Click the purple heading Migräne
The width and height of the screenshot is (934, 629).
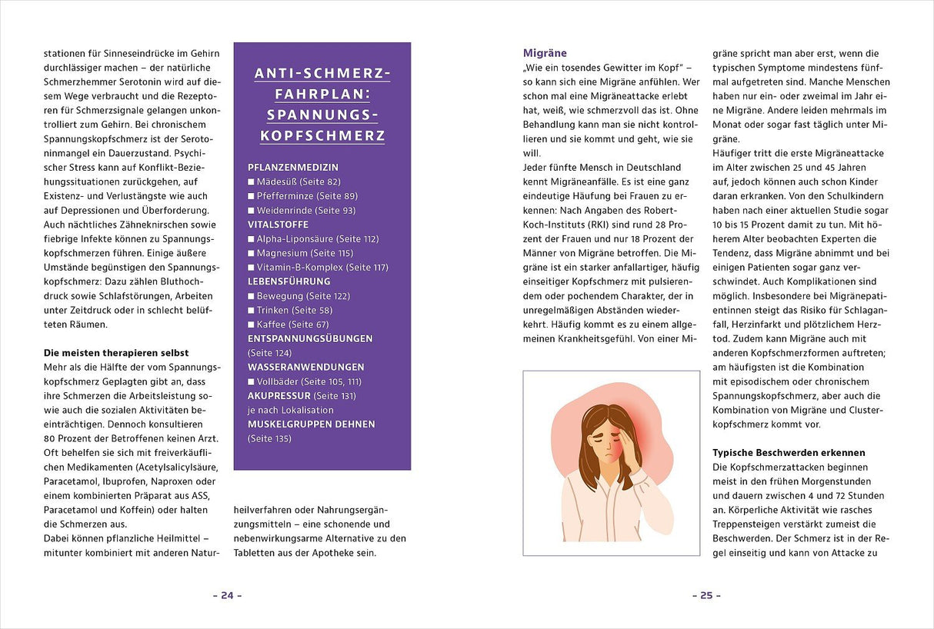(x=545, y=53)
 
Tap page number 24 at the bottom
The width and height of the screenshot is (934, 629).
(x=227, y=595)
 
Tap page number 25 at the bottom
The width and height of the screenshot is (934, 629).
(x=706, y=595)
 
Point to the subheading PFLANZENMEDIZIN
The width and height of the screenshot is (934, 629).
(x=293, y=167)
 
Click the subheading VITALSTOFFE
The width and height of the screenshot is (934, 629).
(x=278, y=225)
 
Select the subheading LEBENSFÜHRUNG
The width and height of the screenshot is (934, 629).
(x=289, y=281)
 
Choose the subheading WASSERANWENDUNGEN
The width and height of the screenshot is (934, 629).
(x=305, y=367)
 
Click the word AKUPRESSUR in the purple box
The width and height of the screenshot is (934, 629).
(x=280, y=395)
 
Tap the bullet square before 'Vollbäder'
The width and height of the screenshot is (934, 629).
(x=251, y=381)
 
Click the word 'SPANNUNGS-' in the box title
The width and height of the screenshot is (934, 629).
(x=322, y=115)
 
